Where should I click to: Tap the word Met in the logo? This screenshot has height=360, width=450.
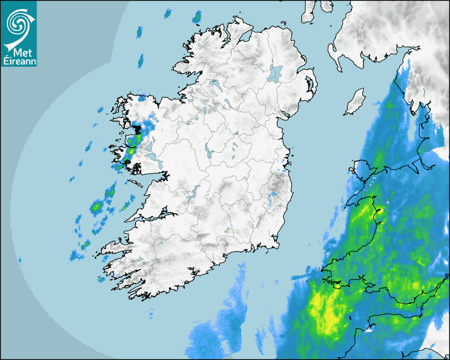(x=19, y=52)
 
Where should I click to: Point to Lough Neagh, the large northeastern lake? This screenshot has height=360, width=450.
(x=275, y=73)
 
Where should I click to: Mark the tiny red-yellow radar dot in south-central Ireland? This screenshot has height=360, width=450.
(x=227, y=230)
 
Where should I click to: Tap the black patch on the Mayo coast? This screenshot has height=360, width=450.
(x=138, y=129)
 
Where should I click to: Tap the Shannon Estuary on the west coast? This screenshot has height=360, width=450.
(x=154, y=217)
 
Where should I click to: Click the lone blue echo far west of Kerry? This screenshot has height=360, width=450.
(x=20, y=260)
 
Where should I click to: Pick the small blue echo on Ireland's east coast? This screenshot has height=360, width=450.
(x=273, y=196)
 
